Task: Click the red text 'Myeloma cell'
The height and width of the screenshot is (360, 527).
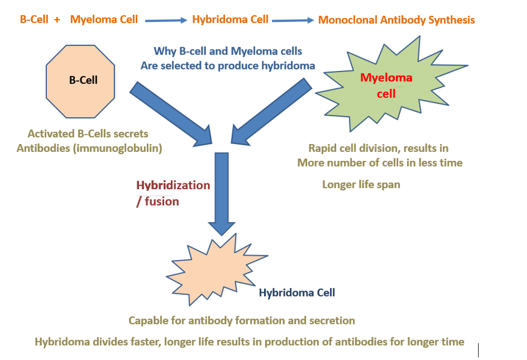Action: tap(386, 86)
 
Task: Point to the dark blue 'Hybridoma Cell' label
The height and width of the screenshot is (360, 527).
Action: tap(297, 293)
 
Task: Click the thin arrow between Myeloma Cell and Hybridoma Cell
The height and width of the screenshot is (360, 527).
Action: tap(166, 20)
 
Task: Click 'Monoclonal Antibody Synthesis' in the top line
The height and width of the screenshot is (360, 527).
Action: tap(396, 20)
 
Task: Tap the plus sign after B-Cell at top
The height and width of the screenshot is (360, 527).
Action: tap(57, 19)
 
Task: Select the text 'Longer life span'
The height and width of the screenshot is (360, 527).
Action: tap(361, 184)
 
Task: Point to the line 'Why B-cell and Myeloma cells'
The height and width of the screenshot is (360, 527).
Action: tap(228, 51)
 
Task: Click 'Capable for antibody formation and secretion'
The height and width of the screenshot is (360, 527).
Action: tap(241, 320)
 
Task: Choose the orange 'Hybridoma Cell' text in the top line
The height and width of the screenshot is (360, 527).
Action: tap(230, 20)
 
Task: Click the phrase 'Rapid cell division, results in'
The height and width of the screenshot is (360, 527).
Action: tap(378, 148)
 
